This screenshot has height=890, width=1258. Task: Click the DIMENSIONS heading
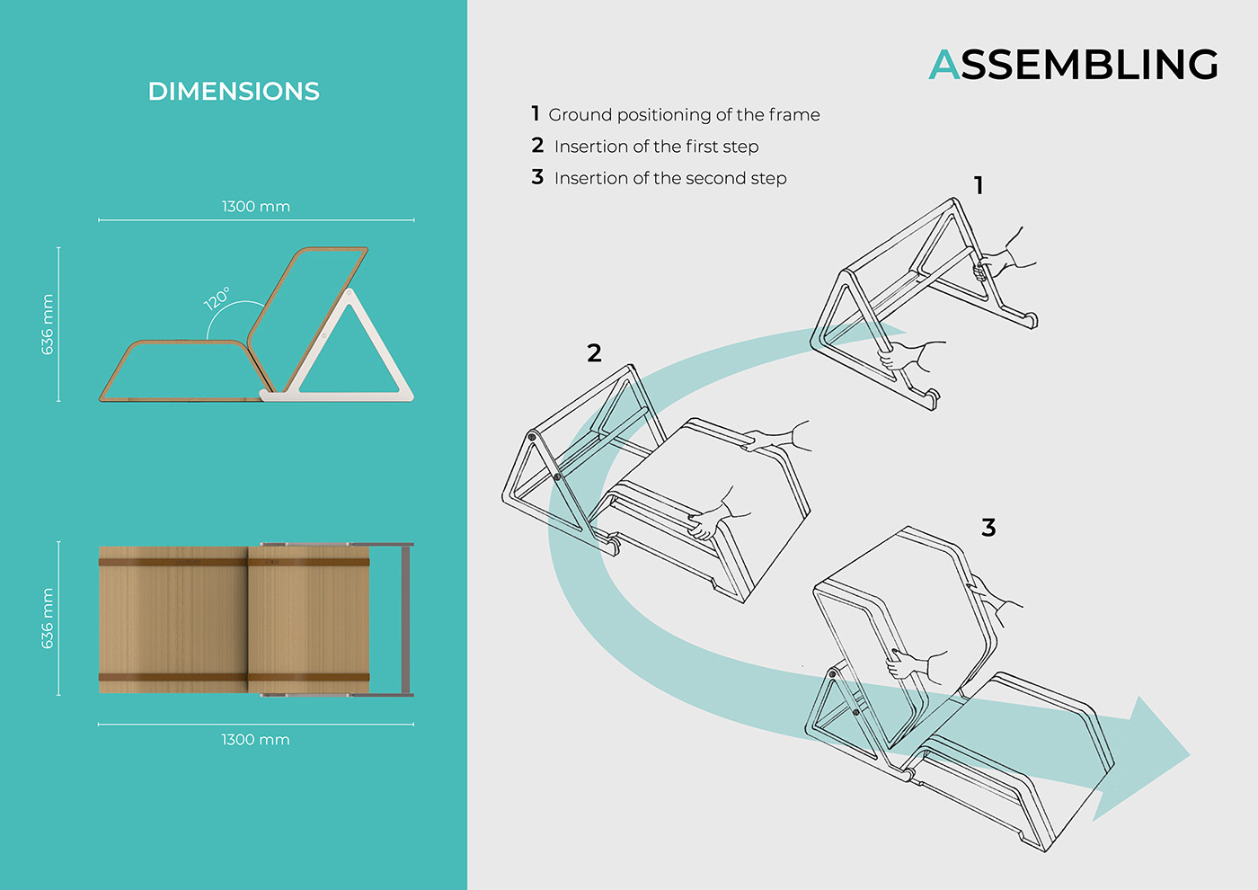(x=234, y=92)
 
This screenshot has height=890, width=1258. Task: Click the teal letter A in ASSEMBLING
(x=944, y=65)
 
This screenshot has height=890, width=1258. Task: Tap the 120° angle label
(x=217, y=298)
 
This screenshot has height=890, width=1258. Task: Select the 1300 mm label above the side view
(x=256, y=207)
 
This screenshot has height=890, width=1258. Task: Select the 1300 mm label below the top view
(x=256, y=740)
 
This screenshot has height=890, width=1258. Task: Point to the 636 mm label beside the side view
(x=48, y=325)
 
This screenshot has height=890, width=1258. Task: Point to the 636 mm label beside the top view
(x=48, y=619)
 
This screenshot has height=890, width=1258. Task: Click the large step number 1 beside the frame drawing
(x=979, y=186)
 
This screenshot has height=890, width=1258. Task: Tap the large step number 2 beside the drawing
(x=594, y=353)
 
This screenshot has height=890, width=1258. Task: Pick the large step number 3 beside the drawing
(x=988, y=528)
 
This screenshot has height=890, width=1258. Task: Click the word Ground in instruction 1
(x=580, y=115)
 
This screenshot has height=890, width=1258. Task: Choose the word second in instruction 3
(x=715, y=178)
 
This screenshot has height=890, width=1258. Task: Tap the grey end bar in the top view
(x=406, y=619)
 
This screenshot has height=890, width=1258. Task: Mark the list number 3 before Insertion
(x=537, y=177)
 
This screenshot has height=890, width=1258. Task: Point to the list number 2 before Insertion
(x=537, y=146)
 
